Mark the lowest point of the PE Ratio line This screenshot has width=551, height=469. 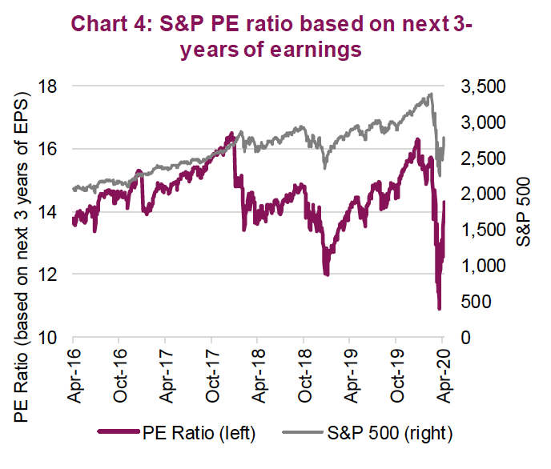(439, 308)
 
